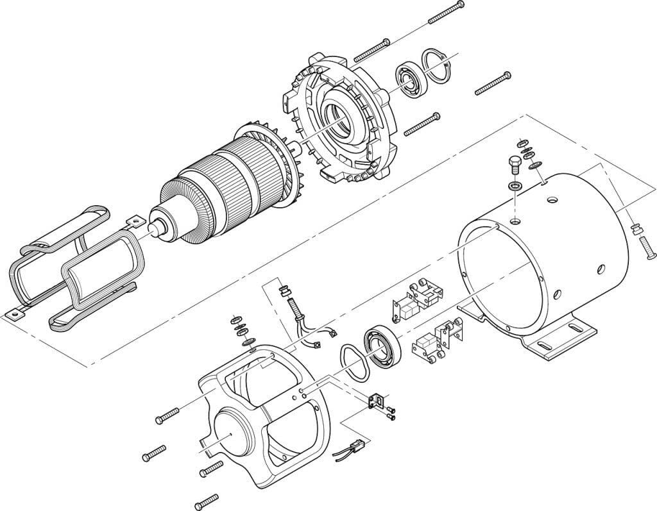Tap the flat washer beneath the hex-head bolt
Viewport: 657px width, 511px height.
click(x=515, y=186)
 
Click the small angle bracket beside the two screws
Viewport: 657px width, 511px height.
click(x=376, y=401)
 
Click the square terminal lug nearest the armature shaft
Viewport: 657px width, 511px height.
click(x=134, y=222)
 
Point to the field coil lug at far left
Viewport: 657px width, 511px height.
click(x=11, y=314)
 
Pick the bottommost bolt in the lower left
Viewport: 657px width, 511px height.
click(x=207, y=499)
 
